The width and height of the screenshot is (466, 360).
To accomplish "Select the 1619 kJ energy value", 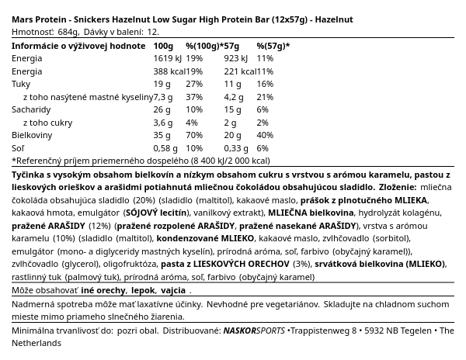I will pos(168,58).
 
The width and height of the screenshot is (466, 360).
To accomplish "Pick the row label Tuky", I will pos(21,84).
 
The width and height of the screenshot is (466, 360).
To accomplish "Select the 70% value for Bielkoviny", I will pos(194,136).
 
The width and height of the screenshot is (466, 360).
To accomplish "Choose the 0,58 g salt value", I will pos(166,148).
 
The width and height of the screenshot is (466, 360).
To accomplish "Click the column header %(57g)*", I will pos(273,46).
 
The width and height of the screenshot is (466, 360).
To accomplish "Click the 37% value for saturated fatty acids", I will pos(194,97).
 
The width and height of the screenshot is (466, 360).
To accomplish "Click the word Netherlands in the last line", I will pos(37,343).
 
